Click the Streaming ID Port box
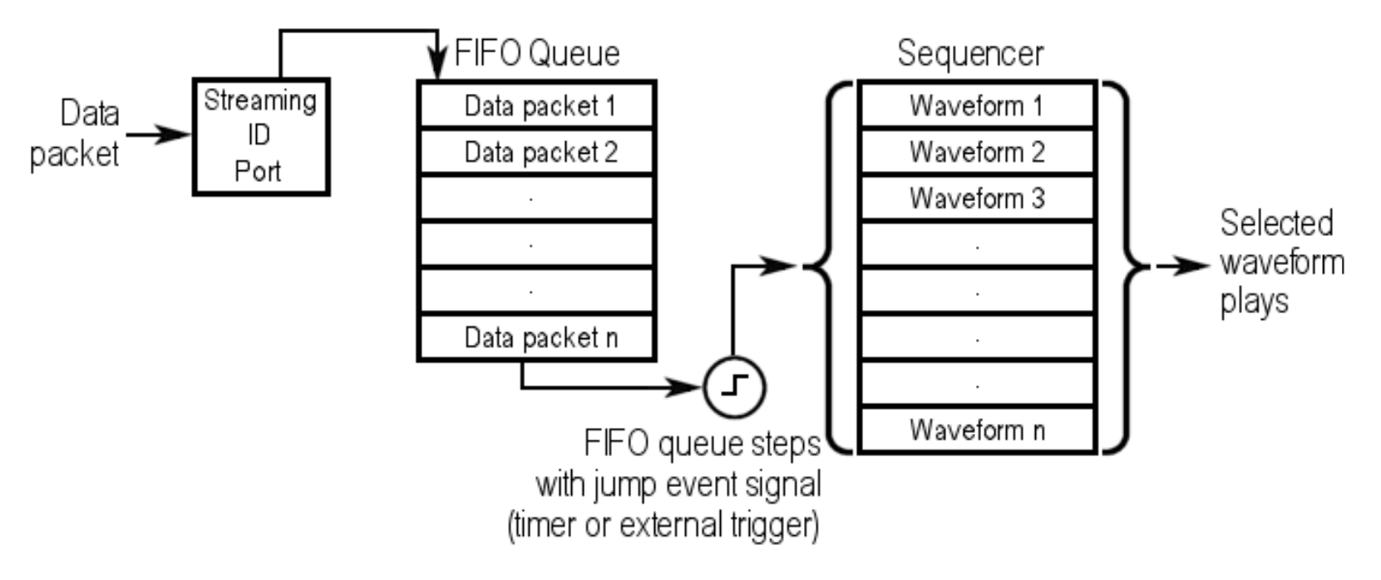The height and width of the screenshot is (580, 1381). point(261,137)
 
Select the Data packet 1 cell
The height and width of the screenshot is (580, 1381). point(537,105)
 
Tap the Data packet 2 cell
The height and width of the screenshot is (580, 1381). point(537,151)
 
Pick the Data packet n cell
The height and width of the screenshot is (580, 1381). point(537,337)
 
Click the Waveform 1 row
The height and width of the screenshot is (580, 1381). point(976,105)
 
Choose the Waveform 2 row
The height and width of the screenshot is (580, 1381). point(976,151)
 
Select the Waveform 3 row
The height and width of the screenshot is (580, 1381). point(976,198)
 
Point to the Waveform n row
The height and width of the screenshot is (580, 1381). point(976,430)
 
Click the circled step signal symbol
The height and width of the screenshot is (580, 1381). point(734,386)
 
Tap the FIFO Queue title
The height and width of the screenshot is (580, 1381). point(537,53)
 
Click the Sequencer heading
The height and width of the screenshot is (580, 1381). point(969,53)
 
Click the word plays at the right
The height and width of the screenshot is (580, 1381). point(1254,301)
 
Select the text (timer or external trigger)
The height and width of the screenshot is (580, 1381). point(663,526)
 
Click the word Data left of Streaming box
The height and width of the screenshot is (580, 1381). point(90,114)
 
